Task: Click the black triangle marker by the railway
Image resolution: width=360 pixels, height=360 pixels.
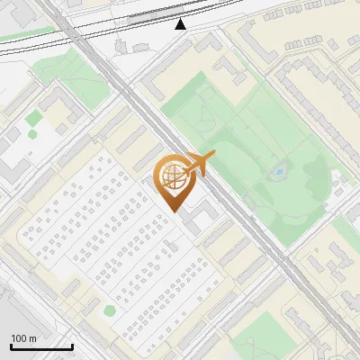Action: (181, 24)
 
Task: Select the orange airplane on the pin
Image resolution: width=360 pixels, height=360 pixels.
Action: (200, 165)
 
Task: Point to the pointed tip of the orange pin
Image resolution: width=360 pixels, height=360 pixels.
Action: (175, 211)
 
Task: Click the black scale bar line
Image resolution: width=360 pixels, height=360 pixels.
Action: (41, 346)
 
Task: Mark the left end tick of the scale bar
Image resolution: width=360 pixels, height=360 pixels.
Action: (11, 345)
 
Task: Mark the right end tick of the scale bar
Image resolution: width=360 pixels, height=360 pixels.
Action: (72, 345)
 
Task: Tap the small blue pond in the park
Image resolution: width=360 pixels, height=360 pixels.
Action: (280, 171)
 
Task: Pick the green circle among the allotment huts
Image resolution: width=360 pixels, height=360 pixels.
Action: (110, 310)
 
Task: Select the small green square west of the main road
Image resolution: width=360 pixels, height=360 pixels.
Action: (33, 118)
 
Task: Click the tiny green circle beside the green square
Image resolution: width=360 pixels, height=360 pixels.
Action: (32, 134)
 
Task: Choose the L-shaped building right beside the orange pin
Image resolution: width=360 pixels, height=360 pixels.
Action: (203, 211)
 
